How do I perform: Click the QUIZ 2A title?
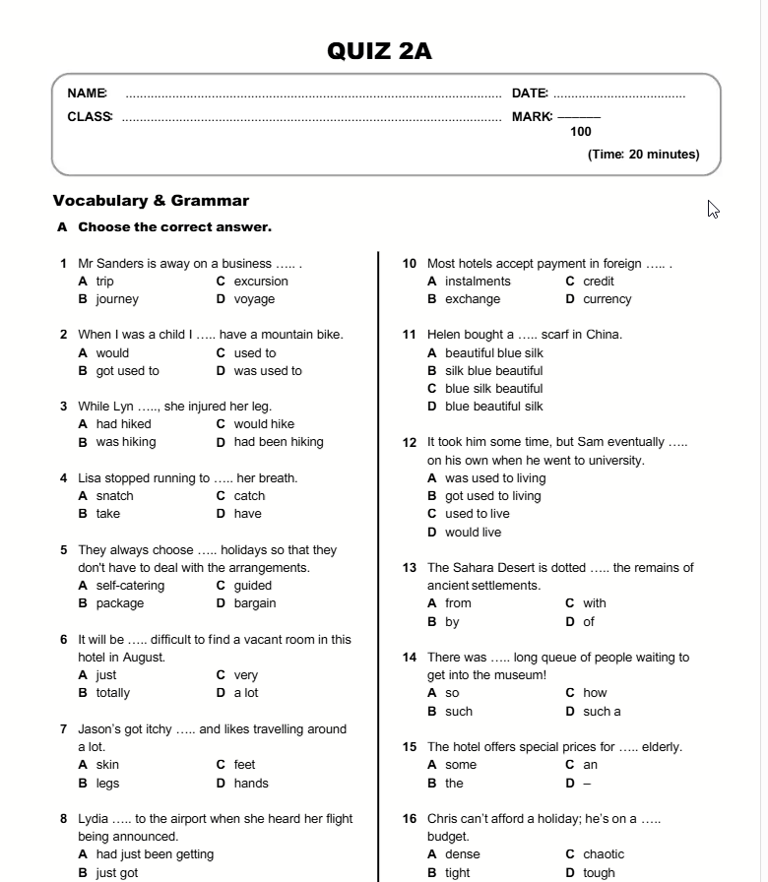379,51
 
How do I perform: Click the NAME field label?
87,94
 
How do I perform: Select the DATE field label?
530,94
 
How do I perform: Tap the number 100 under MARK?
581,132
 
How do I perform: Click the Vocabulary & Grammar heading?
151,201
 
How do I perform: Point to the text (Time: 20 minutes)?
643,155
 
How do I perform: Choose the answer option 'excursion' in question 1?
261,282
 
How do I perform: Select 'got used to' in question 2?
127,371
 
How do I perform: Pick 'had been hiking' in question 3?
279,442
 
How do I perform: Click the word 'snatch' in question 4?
114,496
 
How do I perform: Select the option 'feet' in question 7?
244,765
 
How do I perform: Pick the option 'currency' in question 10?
607,299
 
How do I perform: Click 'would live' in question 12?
473,533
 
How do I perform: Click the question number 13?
411,568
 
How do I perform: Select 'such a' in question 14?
602,712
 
